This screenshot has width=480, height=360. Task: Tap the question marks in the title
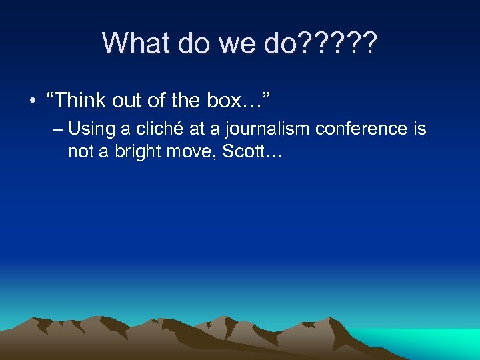click(339, 43)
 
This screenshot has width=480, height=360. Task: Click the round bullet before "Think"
click(32, 101)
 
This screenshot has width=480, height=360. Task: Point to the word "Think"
click(81, 101)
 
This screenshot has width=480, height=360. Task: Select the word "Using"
click(91, 128)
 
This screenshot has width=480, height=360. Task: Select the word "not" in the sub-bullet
click(81, 152)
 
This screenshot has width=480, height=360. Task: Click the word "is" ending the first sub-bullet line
click(419, 128)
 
